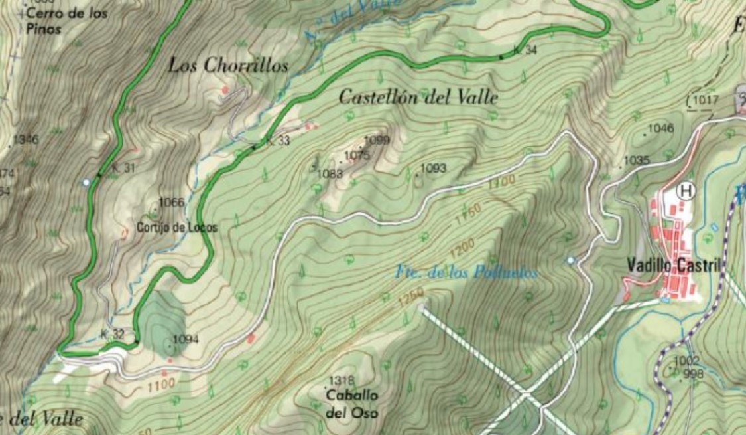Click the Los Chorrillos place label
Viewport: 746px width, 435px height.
click(228, 66)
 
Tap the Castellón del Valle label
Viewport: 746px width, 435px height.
click(418, 97)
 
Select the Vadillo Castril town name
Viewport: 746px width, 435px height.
click(673, 265)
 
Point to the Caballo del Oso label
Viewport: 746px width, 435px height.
click(352, 404)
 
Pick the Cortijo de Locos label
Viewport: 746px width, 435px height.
click(176, 227)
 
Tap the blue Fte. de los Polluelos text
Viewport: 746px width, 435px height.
click(466, 272)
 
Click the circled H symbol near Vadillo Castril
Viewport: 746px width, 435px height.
click(686, 191)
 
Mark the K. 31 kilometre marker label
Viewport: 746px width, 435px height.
click(123, 168)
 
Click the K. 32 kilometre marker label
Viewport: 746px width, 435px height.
click(113, 333)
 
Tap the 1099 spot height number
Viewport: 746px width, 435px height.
click(377, 140)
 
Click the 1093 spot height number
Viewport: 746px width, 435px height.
click(434, 168)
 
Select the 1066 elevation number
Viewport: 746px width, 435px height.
click(171, 203)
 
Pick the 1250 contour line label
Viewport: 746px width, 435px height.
click(410, 300)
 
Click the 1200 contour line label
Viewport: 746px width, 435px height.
click(462, 250)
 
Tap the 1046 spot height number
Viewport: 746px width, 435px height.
click(660, 128)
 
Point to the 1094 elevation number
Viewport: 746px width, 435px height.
click(186, 339)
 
